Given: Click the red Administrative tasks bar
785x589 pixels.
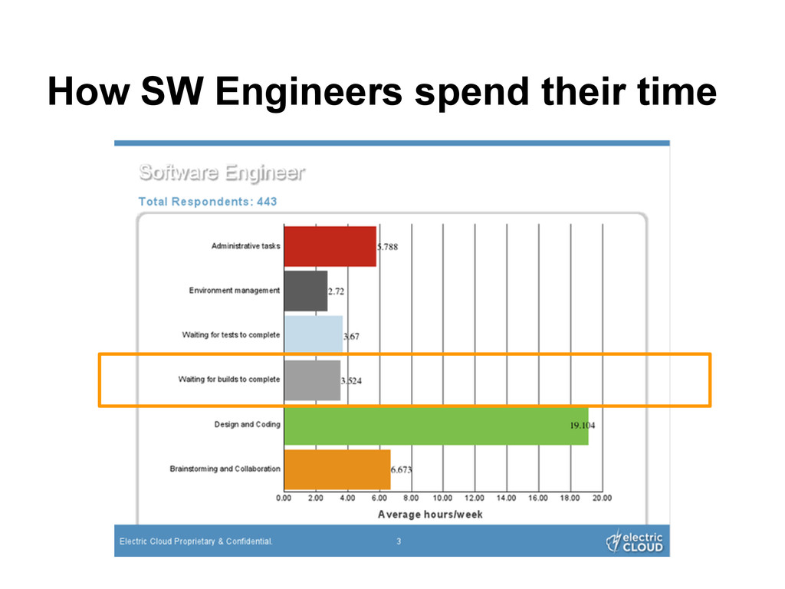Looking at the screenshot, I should [x=330, y=246].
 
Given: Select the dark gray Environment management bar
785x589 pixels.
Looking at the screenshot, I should [x=305, y=291].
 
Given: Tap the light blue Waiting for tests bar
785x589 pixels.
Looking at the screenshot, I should [x=313, y=335].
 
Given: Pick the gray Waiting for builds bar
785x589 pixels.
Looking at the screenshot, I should [x=312, y=380].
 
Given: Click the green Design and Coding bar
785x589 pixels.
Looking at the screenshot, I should [x=435, y=425].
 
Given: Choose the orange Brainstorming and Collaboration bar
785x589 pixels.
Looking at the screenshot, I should [x=337, y=469].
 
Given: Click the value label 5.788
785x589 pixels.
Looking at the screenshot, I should [x=387, y=247].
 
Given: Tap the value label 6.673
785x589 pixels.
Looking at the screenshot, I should [x=402, y=469].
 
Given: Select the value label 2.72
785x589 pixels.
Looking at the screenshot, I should [x=337, y=291].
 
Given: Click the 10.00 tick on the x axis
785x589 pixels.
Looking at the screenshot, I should [x=443, y=499].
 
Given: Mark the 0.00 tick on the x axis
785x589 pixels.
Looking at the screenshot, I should [x=284, y=499].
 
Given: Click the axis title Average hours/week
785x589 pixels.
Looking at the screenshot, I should [x=430, y=514].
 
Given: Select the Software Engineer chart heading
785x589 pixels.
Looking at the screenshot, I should [x=222, y=173].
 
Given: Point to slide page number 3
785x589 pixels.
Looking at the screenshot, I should [x=398, y=541].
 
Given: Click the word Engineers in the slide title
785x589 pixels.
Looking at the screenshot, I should [x=308, y=94].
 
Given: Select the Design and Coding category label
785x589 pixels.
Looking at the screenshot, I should [x=247, y=424].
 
